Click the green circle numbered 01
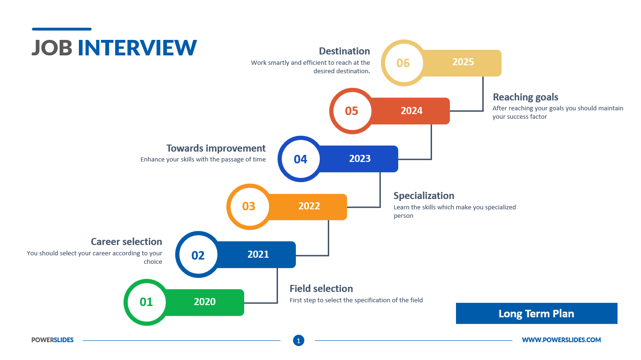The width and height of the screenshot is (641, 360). pyautogui.click(x=147, y=302)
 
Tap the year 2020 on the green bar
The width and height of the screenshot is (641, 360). pyautogui.click(x=205, y=302)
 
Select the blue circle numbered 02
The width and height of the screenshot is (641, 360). pyautogui.click(x=198, y=255)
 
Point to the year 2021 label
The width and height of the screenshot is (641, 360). pyautogui.click(x=258, y=254)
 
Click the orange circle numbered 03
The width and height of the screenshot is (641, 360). pyautogui.click(x=249, y=207)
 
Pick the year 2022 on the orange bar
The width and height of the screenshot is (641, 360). pyautogui.click(x=309, y=206)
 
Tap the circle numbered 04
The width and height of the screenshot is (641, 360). pyautogui.click(x=301, y=159)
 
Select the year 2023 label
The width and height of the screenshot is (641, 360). pyautogui.click(x=360, y=159)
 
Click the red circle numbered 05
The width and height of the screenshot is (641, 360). pyautogui.click(x=352, y=111)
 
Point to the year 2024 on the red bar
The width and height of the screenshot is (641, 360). pyautogui.click(x=412, y=111)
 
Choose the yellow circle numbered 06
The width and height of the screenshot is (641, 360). pyautogui.click(x=403, y=63)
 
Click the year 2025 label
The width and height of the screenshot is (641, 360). pyautogui.click(x=463, y=62)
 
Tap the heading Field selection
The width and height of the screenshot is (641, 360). pyautogui.click(x=321, y=289)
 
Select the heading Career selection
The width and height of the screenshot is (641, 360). pyautogui.click(x=126, y=242)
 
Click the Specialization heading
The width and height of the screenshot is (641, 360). pyautogui.click(x=424, y=196)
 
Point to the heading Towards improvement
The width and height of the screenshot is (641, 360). pyautogui.click(x=216, y=148)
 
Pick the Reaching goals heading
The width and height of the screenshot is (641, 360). pyautogui.click(x=525, y=97)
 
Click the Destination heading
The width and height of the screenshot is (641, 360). pyautogui.click(x=344, y=51)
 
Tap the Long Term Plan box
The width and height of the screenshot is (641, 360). pyautogui.click(x=536, y=314)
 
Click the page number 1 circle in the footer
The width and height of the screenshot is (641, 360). pyautogui.click(x=299, y=340)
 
